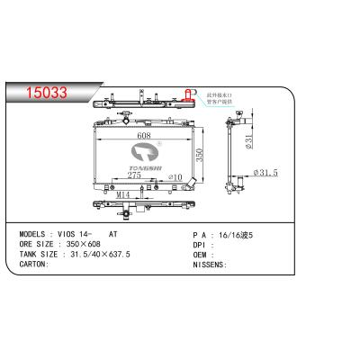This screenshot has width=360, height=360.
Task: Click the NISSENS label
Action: [211, 264]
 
